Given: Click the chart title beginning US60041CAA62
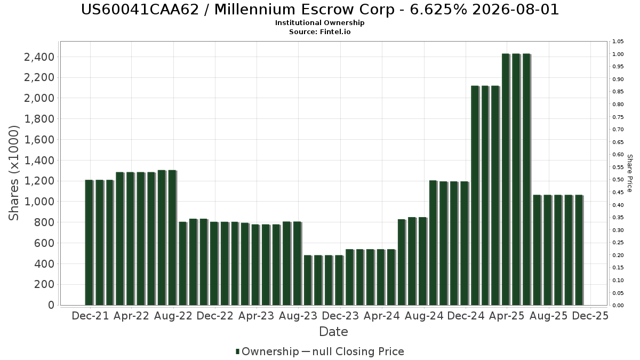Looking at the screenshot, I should tap(320, 10).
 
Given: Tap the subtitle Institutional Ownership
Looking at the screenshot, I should tap(320, 23).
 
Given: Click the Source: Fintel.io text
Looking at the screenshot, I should tap(320, 31).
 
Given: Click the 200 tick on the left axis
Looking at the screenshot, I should tap(44, 284).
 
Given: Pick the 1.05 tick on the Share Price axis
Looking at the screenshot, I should tap(618, 42).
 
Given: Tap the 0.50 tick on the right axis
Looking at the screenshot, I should tap(618, 180).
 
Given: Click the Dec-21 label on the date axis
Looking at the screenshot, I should tap(90, 316).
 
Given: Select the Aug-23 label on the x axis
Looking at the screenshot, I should tap(299, 316).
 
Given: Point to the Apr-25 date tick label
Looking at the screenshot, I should tap(507, 316).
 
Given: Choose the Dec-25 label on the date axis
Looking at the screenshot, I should tap(590, 316).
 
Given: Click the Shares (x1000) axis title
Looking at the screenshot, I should tap(14, 173).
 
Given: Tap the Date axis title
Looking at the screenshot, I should tap(333, 332).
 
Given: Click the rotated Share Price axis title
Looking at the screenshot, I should tap(629, 173).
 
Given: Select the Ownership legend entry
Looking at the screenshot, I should tap(267, 351).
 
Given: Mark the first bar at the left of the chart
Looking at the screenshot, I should tap(89, 243).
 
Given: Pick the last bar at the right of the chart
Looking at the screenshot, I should tap(578, 250).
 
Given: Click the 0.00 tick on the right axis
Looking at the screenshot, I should tap(618, 306).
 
